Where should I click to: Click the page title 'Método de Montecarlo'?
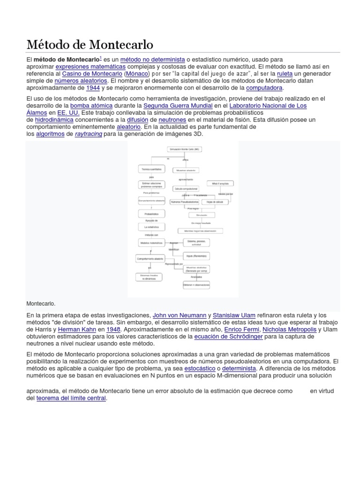(90, 45)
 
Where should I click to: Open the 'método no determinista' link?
(152, 60)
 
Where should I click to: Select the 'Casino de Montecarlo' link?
(92, 74)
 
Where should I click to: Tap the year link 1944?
(92, 88)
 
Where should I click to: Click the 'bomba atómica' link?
(91, 105)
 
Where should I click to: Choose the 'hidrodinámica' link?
(48, 120)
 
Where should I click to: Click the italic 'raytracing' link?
(89, 134)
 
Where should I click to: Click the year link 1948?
(113, 329)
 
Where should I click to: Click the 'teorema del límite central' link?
(71, 398)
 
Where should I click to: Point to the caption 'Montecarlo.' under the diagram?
(41, 303)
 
